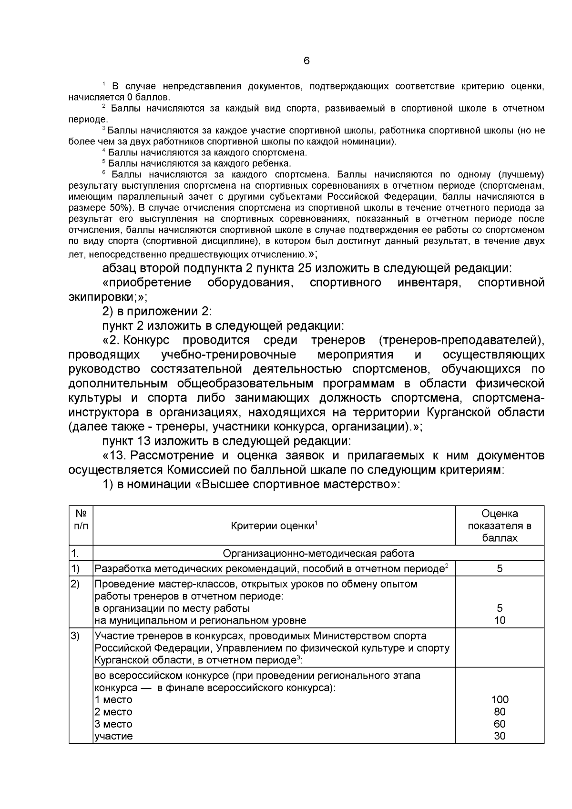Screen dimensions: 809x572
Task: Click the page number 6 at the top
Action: [306, 61]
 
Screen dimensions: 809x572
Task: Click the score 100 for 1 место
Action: [500, 699]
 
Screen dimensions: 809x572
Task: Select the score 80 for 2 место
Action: [500, 712]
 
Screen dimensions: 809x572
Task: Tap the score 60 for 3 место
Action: [500, 724]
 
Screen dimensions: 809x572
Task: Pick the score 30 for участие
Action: [500, 736]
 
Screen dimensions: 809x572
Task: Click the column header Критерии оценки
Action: [274, 526]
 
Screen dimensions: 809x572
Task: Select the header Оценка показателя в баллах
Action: [500, 526]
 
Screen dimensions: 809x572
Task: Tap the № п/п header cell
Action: [81, 519]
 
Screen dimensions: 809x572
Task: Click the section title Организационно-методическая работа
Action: [318, 553]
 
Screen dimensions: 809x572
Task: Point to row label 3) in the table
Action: [75, 636]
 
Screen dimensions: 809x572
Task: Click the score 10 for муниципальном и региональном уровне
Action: [500, 620]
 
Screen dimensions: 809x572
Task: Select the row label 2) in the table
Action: [75, 584]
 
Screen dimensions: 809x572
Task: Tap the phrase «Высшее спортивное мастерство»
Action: [299, 485]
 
